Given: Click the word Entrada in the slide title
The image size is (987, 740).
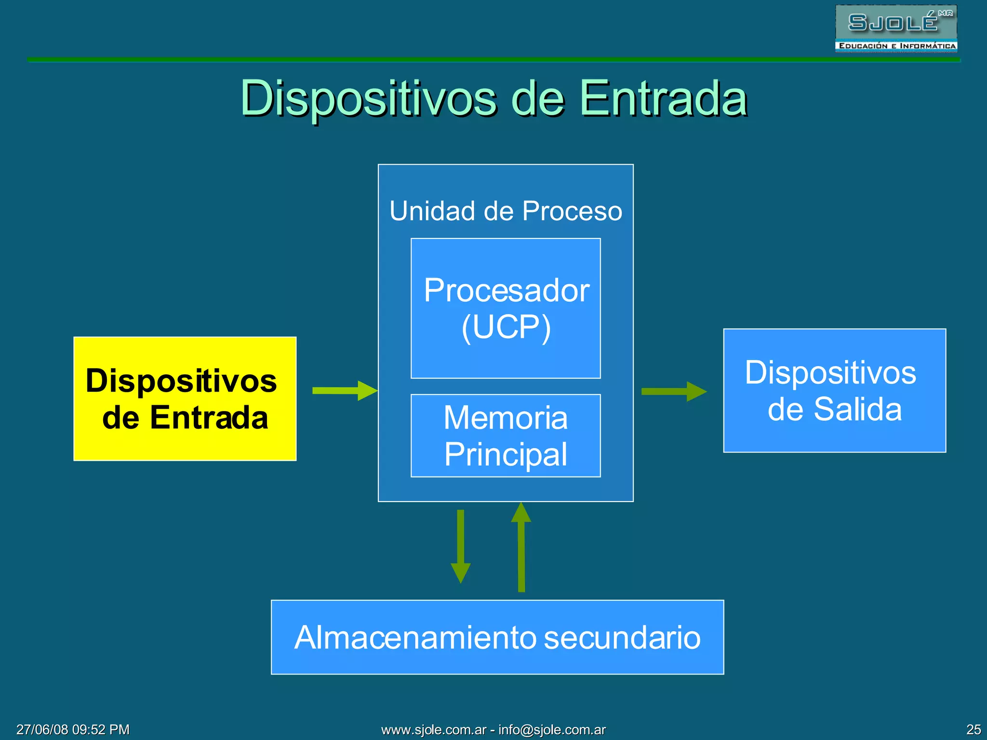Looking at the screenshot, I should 663,98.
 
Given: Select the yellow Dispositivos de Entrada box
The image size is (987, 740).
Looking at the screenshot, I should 185,398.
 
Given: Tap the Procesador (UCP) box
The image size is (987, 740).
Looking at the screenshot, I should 506,308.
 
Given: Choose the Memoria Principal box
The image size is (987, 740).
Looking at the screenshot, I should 506,436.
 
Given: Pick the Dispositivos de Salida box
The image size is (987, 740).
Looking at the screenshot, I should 834,390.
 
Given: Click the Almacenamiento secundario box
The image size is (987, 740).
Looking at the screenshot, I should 497,637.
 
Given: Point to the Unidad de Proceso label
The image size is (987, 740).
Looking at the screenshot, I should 506,211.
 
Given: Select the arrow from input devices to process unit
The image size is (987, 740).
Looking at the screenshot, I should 344,390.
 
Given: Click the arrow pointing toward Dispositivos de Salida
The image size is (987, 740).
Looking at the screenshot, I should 673,391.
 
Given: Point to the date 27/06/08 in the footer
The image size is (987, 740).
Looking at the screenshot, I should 43,729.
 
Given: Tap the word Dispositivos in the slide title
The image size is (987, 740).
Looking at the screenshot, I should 368,98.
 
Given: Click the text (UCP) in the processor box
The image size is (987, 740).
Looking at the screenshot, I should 506,327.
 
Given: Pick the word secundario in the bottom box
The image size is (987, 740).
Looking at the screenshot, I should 622,637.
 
